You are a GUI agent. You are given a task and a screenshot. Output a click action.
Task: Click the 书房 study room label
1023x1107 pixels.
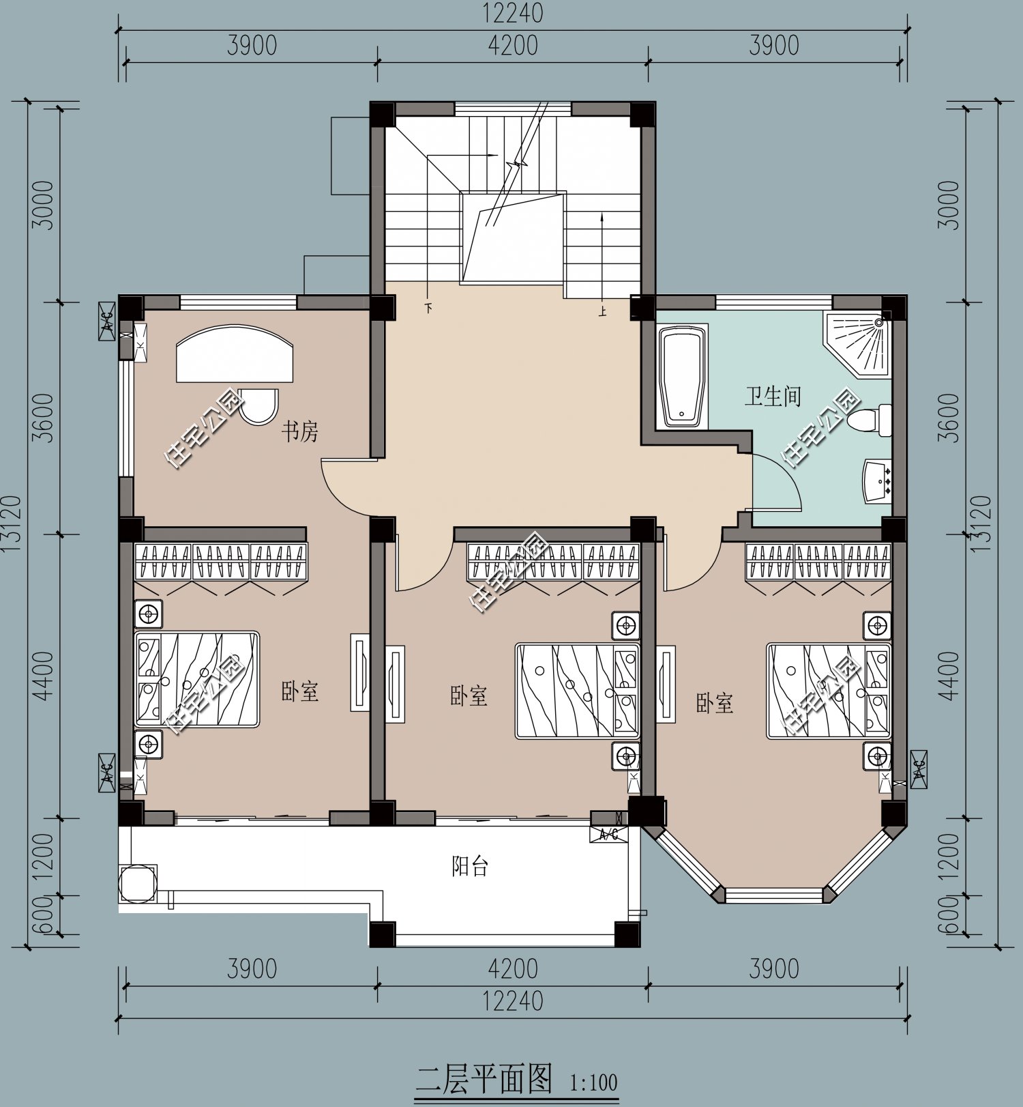(300, 431)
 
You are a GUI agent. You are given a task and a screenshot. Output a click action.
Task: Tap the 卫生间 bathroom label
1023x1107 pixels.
(772, 396)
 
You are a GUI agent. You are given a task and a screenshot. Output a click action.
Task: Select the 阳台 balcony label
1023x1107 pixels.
(471, 867)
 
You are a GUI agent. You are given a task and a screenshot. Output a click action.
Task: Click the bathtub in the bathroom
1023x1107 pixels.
(682, 377)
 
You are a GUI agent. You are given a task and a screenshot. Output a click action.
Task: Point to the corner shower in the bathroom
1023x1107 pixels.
(858, 345)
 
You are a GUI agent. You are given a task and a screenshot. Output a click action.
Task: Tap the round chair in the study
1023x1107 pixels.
(259, 407)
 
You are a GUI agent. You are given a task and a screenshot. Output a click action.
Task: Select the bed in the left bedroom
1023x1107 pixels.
(197, 679)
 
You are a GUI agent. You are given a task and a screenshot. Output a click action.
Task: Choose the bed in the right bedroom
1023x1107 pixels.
(829, 691)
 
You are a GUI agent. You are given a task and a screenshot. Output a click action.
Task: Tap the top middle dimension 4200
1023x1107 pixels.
(513, 46)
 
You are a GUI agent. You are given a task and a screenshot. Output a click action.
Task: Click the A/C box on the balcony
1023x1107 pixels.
(609, 834)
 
